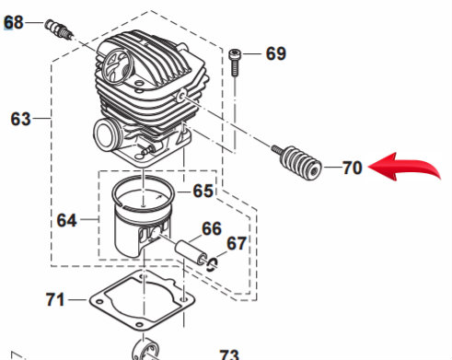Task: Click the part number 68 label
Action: (x=15, y=18)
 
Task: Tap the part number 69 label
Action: (x=275, y=53)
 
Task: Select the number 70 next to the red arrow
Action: (x=352, y=168)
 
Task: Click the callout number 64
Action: (x=66, y=220)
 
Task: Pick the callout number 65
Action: (x=203, y=192)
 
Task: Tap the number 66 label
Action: (x=212, y=228)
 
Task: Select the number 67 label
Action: (x=237, y=243)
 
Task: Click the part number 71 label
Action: (x=56, y=299)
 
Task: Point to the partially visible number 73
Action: (x=227, y=354)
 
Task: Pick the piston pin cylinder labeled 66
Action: (x=188, y=250)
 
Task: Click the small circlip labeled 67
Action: (x=212, y=264)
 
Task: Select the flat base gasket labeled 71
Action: (x=144, y=302)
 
